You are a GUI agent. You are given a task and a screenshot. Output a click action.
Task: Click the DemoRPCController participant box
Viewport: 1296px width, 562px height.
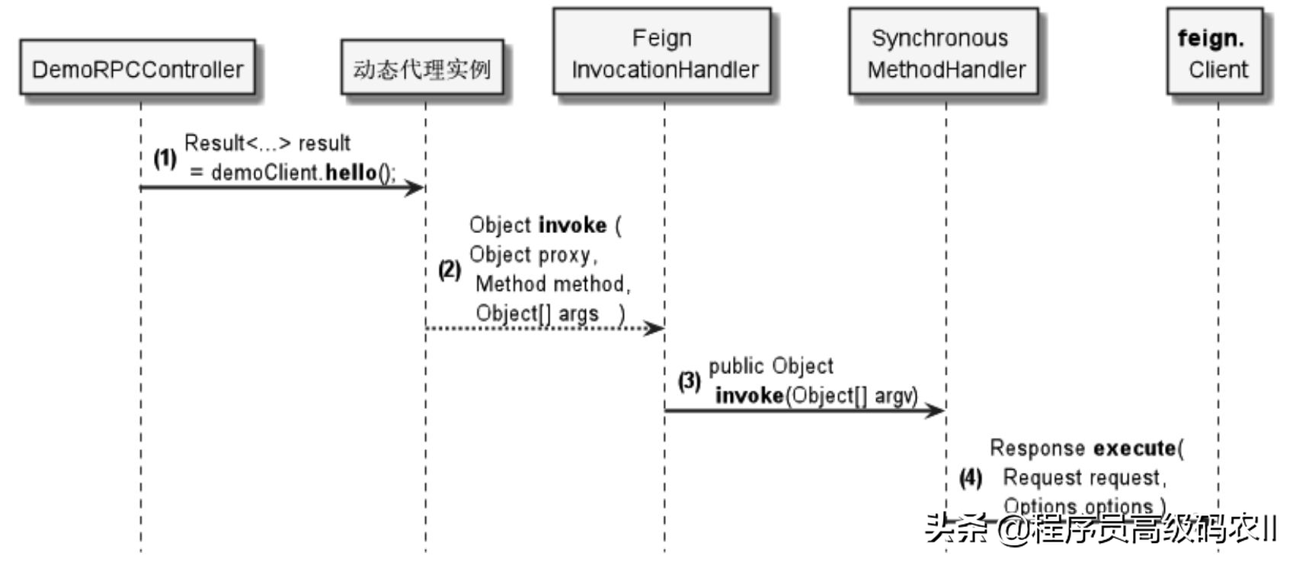(137, 69)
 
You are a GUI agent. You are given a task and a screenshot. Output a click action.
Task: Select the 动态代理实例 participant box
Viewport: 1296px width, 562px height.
(421, 69)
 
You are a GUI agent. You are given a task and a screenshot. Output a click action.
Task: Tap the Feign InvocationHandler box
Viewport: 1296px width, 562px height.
(661, 53)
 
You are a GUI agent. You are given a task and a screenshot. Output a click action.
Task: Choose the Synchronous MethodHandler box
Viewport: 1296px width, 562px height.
(943, 53)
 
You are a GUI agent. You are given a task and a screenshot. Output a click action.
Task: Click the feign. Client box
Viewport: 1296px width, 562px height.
(1216, 53)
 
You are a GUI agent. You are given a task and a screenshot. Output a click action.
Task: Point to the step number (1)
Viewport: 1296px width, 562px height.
(165, 158)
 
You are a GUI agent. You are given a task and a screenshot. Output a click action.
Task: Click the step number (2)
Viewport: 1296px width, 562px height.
(450, 270)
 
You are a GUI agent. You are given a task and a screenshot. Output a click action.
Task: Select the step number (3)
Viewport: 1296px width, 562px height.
(690, 381)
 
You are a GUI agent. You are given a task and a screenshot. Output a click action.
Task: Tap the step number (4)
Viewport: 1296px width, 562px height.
(971, 478)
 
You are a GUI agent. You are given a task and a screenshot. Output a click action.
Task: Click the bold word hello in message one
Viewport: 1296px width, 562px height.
(351, 173)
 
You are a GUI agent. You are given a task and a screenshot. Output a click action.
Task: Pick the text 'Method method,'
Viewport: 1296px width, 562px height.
(553, 284)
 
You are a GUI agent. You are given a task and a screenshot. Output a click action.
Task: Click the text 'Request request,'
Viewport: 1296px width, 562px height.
(1084, 477)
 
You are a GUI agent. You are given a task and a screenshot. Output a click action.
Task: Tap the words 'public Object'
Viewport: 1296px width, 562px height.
(771, 366)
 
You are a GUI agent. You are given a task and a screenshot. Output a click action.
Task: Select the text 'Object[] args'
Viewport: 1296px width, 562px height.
(537, 313)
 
